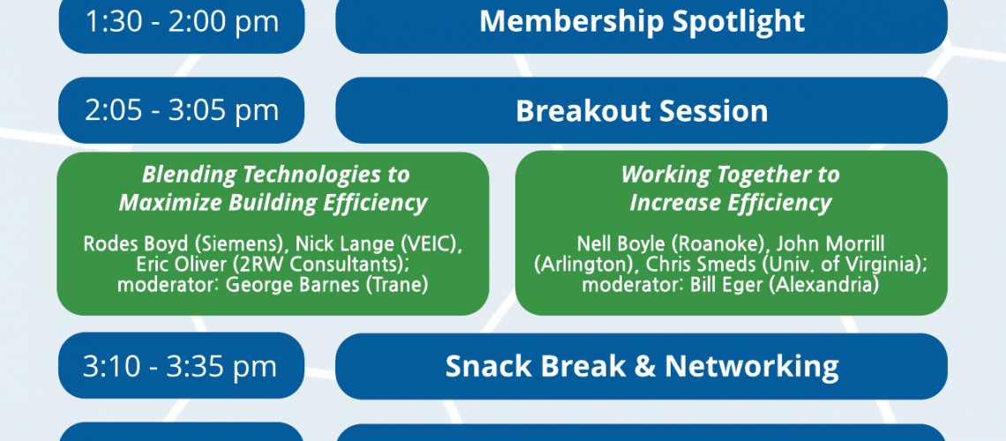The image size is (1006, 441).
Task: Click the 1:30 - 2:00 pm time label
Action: click(x=182, y=21)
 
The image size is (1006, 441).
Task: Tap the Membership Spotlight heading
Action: click(x=642, y=21)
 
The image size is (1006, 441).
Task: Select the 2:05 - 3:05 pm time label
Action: click(x=182, y=110)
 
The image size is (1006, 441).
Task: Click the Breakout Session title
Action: click(x=642, y=110)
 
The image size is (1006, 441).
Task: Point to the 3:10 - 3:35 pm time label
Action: click(x=180, y=366)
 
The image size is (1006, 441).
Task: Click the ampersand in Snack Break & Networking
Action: click(x=644, y=366)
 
